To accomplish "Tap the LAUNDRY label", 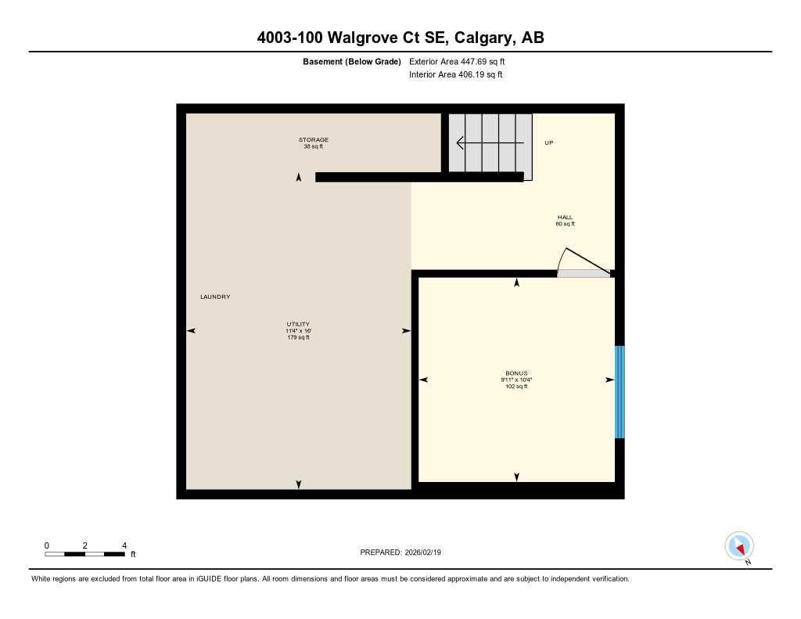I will pyautogui.click(x=215, y=297).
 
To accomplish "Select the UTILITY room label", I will pyautogui.click(x=297, y=324).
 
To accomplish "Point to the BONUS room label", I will pyautogui.click(x=516, y=373).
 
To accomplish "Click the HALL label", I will pyautogui.click(x=565, y=218).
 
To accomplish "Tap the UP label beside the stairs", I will pyautogui.click(x=548, y=143).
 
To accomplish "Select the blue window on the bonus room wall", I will pyautogui.click(x=620, y=392).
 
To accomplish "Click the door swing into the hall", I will pyautogui.click(x=583, y=262).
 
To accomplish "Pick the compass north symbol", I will pyautogui.click(x=739, y=545).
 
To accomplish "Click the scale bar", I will pyautogui.click(x=84, y=554).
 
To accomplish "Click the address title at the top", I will pyautogui.click(x=400, y=38).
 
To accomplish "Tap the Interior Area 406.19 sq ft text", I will pyautogui.click(x=455, y=75).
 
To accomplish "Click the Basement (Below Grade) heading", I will pyautogui.click(x=351, y=61).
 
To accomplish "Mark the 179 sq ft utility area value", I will pyautogui.click(x=297, y=337).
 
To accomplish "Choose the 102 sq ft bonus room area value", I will pyautogui.click(x=516, y=387).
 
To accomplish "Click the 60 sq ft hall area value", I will pyautogui.click(x=565, y=225).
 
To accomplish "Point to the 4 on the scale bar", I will pyautogui.click(x=124, y=545).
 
